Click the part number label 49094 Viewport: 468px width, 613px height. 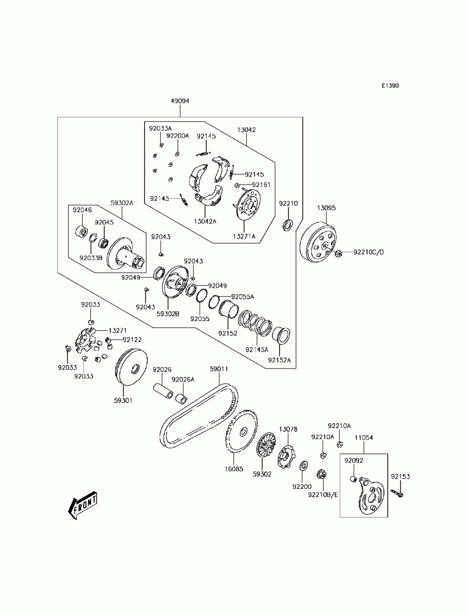tap(180, 101)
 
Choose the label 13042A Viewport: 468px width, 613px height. tap(206, 222)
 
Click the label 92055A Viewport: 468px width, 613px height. tap(242, 296)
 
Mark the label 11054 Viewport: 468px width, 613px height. tap(363, 437)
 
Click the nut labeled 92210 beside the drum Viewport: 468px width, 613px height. tap(287, 224)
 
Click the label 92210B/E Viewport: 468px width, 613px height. tap(322, 494)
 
